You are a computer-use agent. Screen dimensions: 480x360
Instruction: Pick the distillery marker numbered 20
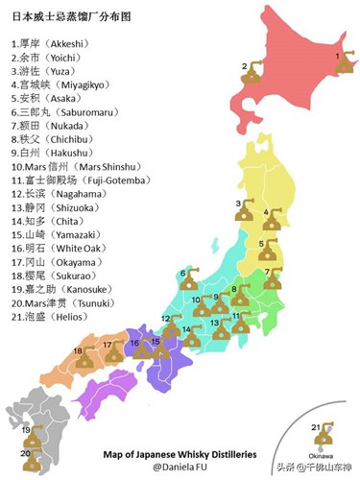(x=36, y=460)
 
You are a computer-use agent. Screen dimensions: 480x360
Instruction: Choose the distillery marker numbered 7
(x=274, y=278)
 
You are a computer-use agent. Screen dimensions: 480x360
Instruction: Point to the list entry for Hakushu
(x=49, y=152)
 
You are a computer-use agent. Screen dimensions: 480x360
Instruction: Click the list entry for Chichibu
(x=49, y=138)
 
